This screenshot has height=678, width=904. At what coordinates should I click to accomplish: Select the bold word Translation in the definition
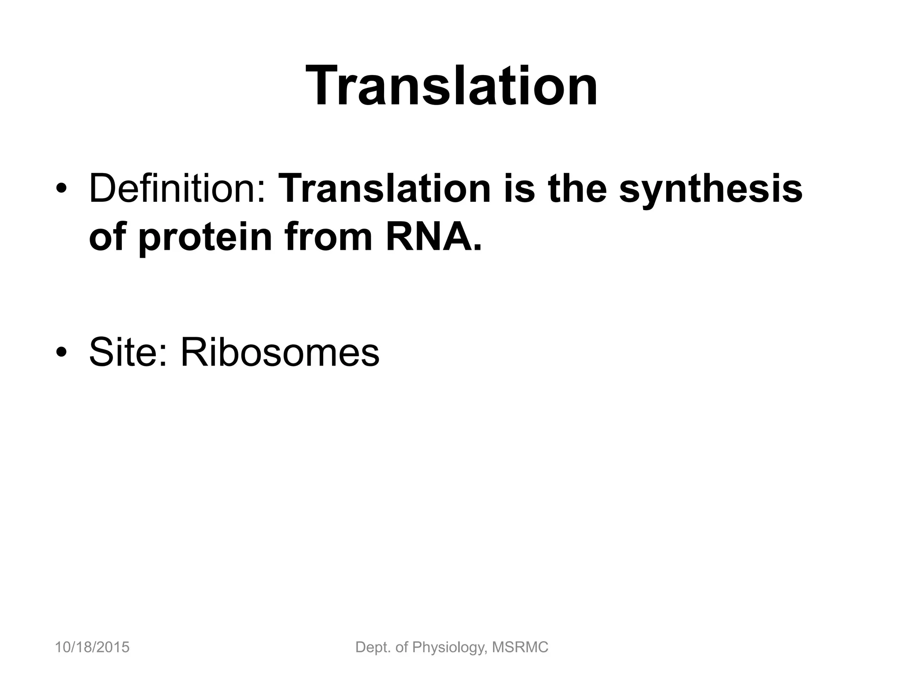point(385,189)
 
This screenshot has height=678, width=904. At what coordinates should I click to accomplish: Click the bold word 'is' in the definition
point(520,189)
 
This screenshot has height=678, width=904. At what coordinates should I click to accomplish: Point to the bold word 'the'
point(577,189)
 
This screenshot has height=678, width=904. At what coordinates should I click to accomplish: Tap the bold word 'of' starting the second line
point(107,237)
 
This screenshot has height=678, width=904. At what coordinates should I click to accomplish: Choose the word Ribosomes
point(280,352)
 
